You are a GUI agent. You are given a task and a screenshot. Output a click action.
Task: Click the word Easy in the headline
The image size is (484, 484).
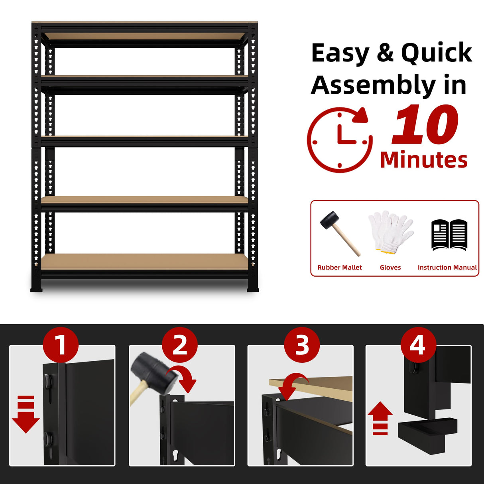coord(340,53)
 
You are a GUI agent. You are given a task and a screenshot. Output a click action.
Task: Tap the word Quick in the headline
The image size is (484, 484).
coord(437,53)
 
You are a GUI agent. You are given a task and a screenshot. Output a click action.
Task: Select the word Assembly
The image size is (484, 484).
coord(373,85)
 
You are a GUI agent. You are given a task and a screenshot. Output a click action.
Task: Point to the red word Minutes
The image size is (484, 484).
coord(424,160)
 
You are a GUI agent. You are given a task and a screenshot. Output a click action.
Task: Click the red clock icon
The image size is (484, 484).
coord(339,140)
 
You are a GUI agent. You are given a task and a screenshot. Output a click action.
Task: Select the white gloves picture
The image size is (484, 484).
coord(390,232)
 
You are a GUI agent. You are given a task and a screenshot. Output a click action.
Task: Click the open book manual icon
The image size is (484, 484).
coord(449,235)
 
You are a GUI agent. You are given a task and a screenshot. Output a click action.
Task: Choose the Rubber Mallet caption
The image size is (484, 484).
coord(340,268)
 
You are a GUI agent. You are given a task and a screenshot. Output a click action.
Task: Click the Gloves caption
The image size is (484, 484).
coord(390,268)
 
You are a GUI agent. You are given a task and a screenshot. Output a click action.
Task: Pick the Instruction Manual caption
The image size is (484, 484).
coord(447,268)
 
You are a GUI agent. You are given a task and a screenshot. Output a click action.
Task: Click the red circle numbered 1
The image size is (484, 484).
coord(61,345)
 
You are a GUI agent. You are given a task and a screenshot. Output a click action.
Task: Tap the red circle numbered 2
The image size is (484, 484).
coord(180,345)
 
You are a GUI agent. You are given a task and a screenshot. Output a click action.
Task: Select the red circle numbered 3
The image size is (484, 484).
coord(302,345)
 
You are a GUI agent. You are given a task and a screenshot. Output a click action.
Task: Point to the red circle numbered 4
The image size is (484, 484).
coord(418,345)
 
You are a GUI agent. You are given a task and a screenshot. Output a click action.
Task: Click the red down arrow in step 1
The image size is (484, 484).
coord(26,415)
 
